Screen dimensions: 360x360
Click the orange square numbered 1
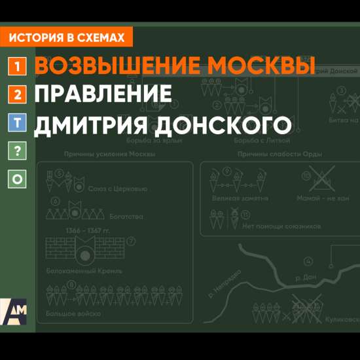click(x=18, y=66)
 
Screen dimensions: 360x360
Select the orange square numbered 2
click(x=18, y=94)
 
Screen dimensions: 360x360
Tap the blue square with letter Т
click(x=18, y=122)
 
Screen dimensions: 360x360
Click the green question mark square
click(x=18, y=151)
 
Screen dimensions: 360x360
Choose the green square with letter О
click(x=18, y=179)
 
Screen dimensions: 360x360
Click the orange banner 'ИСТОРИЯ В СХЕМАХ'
click(x=67, y=38)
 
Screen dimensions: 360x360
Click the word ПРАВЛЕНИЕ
click(x=103, y=94)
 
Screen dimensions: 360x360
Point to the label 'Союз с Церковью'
click(x=117, y=189)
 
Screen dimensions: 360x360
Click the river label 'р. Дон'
click(x=306, y=278)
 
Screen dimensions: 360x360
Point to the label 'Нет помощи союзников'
click(x=281, y=226)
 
